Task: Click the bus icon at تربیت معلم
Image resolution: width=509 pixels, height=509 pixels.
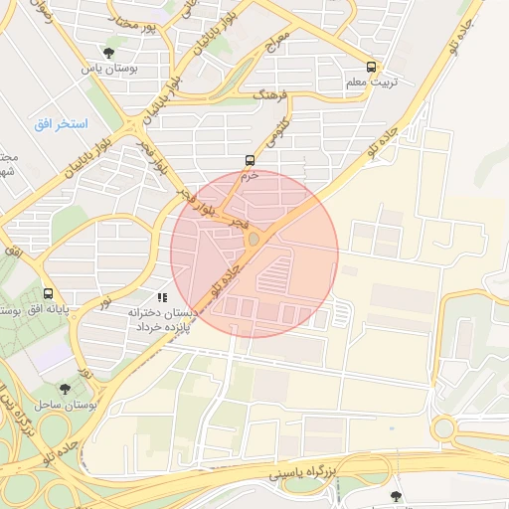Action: pyautogui.click(x=372, y=67)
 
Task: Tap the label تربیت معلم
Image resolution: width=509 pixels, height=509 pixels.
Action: pyautogui.click(x=371, y=83)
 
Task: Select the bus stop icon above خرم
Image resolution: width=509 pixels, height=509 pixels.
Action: pyautogui.click(x=249, y=159)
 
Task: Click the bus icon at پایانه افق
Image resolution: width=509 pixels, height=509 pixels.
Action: pyautogui.click(x=49, y=293)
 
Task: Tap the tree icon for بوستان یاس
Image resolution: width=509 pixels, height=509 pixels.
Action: pyautogui.click(x=107, y=53)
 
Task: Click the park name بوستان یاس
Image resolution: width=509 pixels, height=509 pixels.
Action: pyautogui.click(x=107, y=68)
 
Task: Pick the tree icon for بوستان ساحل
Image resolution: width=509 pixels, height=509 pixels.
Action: pyautogui.click(x=65, y=389)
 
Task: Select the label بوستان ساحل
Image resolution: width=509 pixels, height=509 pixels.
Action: pyautogui.click(x=65, y=405)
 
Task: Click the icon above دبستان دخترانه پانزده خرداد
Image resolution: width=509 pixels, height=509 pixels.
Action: pyautogui.click(x=162, y=296)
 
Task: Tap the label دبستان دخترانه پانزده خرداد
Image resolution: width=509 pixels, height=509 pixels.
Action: pyautogui.click(x=162, y=319)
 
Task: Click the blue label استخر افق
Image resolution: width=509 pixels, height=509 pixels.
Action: pyautogui.click(x=62, y=123)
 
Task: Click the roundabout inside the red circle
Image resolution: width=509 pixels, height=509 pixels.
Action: pyautogui.click(x=254, y=239)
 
